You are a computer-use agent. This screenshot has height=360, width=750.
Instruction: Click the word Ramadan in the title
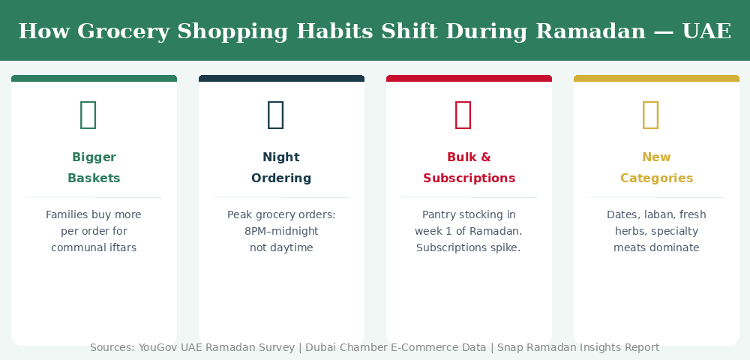pos(591,31)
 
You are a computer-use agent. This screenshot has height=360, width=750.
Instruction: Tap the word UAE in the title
pos(707,31)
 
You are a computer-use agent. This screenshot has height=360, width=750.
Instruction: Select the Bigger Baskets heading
pos(94,167)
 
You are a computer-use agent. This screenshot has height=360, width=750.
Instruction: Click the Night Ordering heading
pos(281,167)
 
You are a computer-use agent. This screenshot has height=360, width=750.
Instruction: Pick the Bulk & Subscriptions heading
pos(469,167)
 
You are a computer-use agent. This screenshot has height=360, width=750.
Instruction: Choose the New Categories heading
pos(657,167)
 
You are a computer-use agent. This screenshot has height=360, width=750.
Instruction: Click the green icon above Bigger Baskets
pos(88,115)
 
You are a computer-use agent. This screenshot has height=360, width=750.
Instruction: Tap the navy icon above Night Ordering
pos(275,115)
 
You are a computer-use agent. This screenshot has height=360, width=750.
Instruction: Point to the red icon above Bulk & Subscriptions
pos(463,115)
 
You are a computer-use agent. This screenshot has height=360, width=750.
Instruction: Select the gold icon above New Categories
pos(650,115)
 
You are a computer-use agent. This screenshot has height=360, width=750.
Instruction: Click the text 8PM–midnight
pos(281,232)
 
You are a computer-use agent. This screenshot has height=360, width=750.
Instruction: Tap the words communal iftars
pos(94,247)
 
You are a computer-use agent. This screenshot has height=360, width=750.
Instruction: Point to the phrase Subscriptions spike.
pos(468,247)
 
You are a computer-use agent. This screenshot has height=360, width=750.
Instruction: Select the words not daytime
pos(281,247)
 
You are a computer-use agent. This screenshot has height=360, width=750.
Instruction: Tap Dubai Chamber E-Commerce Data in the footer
pos(395,347)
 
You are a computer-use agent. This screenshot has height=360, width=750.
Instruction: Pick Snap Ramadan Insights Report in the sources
pos(578,347)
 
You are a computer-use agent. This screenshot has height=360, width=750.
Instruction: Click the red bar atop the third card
pos(469,79)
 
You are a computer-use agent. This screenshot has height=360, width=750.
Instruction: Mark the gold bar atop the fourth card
pos(656,79)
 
